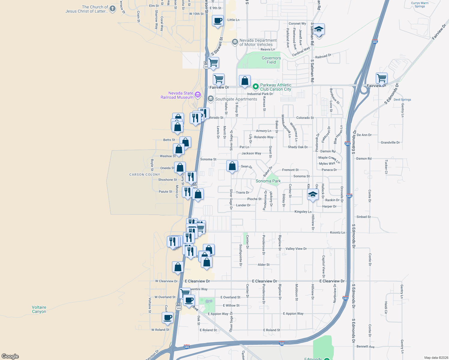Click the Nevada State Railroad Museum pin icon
[x=197, y=95]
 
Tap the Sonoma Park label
[x=268, y=181]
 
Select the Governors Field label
[x=271, y=60]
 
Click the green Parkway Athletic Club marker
[x=255, y=87]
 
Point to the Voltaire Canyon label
[x=39, y=309]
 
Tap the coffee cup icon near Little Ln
[x=218, y=21]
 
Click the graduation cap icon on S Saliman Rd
[x=319, y=29]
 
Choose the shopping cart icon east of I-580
[x=382, y=78]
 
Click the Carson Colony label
[x=145, y=175]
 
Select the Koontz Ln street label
[x=337, y=232]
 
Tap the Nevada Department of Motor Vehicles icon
[x=235, y=42]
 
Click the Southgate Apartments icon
[x=211, y=99]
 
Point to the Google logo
[x=10, y=356]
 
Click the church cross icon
[x=113, y=9]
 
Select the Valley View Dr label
[x=296, y=249]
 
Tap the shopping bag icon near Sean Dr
[x=232, y=166]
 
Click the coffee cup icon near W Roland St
[x=168, y=317]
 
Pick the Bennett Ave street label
[x=366, y=346]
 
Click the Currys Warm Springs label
[x=420, y=4]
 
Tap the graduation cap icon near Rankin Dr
[x=313, y=195]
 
